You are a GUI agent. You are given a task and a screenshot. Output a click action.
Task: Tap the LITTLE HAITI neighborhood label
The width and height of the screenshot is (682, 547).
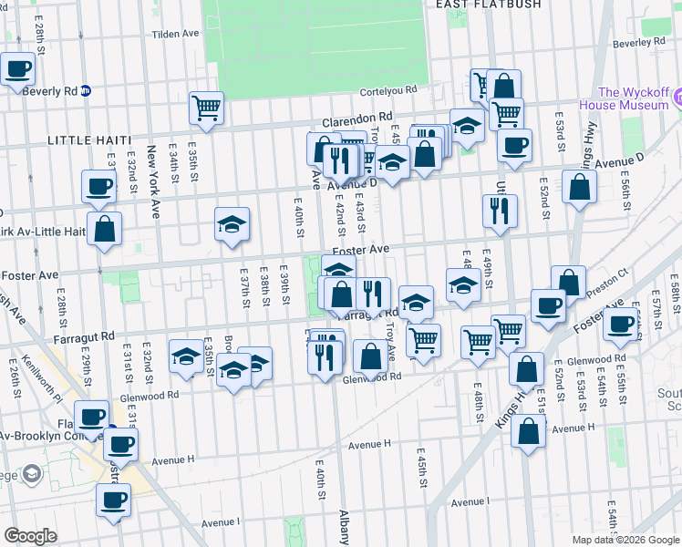pyautogui.click(x=89, y=140)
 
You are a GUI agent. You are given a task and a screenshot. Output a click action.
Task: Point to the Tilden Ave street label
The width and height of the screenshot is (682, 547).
pyautogui.click(x=175, y=34)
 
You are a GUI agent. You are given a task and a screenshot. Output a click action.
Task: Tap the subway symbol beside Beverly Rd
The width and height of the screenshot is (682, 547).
pyautogui.click(x=86, y=90)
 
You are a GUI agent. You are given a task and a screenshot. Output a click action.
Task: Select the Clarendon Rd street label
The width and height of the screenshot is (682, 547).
pyautogui.click(x=357, y=118)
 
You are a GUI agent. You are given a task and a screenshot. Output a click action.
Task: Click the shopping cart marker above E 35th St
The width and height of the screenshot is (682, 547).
pyautogui.click(x=207, y=108)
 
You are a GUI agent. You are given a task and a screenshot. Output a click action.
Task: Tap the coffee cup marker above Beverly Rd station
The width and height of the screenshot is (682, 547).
pyautogui.click(x=17, y=67)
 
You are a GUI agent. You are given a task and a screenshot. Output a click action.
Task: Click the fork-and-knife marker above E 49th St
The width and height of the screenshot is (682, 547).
pyautogui.click(x=499, y=210)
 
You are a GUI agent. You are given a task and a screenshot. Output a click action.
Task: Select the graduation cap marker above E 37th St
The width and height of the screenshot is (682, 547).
pyautogui.click(x=232, y=224)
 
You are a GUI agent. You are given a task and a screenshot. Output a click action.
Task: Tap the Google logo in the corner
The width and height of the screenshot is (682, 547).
pyautogui.click(x=30, y=536)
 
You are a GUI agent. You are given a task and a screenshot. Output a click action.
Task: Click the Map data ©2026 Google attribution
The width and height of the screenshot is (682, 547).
pyautogui.click(x=626, y=540)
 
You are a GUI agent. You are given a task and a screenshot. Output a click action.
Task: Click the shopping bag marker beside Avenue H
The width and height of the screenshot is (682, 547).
pyautogui.click(x=529, y=431)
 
